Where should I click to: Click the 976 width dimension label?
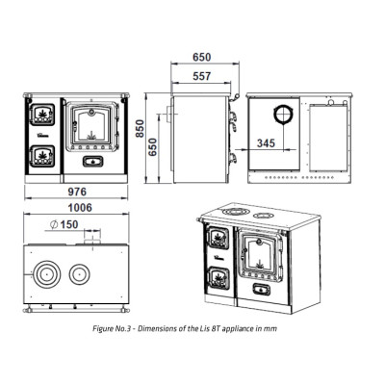tap(77, 192)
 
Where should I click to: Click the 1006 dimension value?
tap(80, 208)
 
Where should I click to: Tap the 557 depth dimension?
tap(202, 76)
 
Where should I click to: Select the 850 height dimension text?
tap(140, 129)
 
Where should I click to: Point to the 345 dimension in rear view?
tap(266, 143)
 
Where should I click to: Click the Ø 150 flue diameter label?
tap(64, 224)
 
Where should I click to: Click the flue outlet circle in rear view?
tap(283, 115)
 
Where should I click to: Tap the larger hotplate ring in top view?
tap(47, 274)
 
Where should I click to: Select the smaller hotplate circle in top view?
tap(80, 274)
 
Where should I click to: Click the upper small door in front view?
tap(42, 115)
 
